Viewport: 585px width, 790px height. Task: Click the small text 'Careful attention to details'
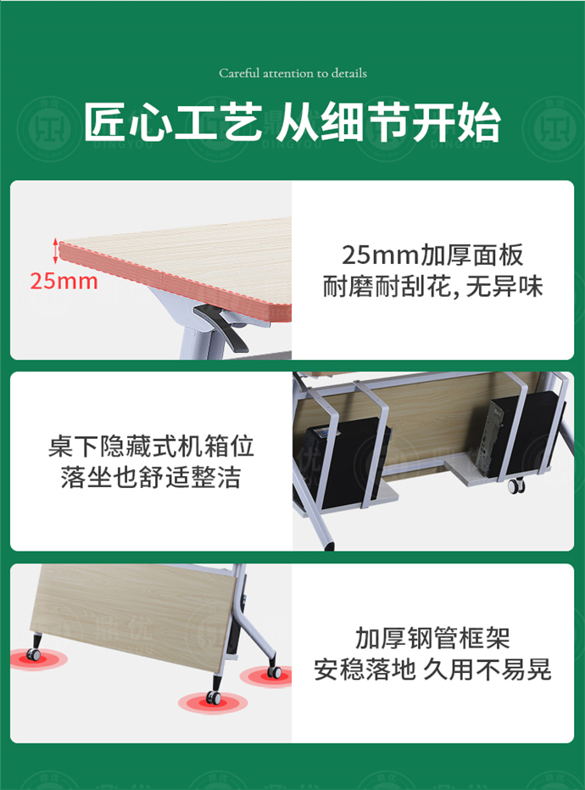[292, 74]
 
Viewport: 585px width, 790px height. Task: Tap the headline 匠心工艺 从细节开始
[292, 124]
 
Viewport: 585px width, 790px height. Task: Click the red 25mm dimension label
[64, 281]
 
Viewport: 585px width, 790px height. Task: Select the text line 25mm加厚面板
[432, 254]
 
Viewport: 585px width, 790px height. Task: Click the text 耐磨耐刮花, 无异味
[432, 287]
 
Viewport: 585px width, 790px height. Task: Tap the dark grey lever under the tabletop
[223, 327]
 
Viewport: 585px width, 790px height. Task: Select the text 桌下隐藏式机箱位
[151, 445]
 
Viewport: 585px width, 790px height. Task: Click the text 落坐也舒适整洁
[151, 477]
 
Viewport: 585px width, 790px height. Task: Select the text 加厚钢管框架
[432, 636]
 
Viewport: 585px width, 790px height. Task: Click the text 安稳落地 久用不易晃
[432, 670]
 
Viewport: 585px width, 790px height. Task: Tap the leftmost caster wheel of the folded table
[35, 654]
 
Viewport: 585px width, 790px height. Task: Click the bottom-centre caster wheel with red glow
[213, 698]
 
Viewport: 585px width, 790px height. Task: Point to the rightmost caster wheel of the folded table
[273, 672]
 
